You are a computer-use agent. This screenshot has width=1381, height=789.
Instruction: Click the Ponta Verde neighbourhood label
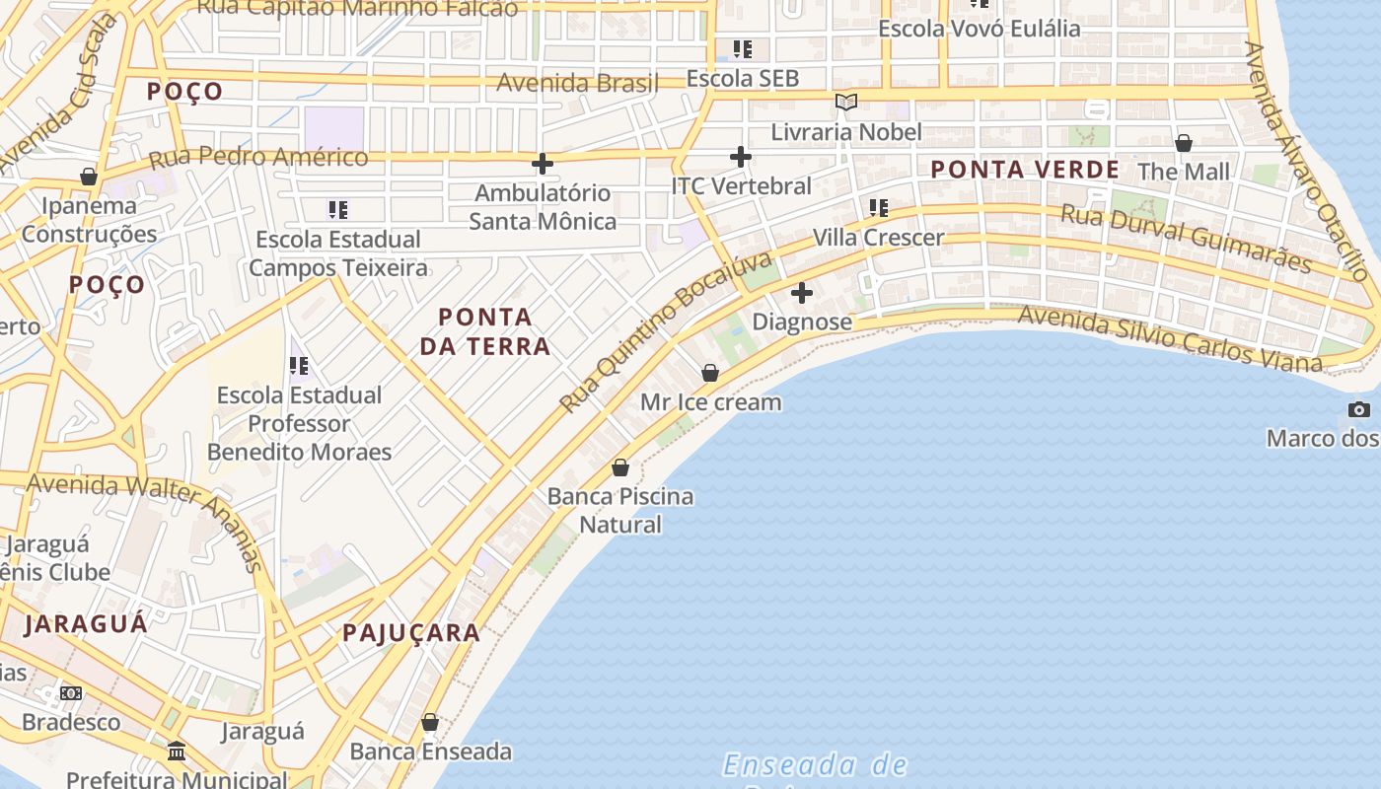[1025, 170]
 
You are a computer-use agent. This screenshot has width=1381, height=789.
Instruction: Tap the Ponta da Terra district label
[485, 331]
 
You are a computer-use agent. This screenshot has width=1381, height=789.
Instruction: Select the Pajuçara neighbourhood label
[411, 633]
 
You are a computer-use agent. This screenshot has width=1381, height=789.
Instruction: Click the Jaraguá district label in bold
[86, 623]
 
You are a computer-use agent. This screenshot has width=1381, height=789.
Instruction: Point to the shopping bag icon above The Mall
[1184, 144]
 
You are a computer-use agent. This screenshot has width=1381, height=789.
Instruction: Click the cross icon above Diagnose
[802, 293]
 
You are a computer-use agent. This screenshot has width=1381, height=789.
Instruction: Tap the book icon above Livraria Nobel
[845, 102]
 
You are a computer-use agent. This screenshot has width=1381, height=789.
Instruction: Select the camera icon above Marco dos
[1358, 409]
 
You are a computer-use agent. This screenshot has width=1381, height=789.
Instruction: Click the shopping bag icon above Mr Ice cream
[710, 373]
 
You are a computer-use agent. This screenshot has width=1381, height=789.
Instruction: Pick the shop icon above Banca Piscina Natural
[620, 467]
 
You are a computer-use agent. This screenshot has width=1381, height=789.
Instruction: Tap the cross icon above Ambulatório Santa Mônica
[543, 164]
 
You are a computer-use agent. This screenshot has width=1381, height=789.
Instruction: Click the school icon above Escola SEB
[742, 48]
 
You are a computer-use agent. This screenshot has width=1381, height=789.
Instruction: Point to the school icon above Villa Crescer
[878, 208]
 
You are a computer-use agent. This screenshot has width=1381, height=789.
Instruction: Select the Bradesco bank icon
[71, 693]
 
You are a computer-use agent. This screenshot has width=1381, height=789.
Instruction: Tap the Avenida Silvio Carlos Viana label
[1169, 338]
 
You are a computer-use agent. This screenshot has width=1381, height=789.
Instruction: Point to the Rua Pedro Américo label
[258, 156]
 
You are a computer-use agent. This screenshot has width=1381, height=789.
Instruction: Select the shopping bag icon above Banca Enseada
[430, 723]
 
